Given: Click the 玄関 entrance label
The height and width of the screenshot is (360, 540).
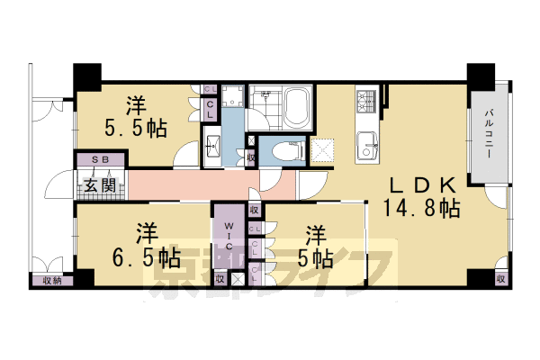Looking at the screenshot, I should (100, 186).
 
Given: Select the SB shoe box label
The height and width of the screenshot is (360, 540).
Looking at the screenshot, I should (101, 159).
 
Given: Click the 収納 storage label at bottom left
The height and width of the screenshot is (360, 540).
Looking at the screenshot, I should (51, 281).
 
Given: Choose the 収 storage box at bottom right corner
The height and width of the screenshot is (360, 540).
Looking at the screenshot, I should (499, 279).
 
